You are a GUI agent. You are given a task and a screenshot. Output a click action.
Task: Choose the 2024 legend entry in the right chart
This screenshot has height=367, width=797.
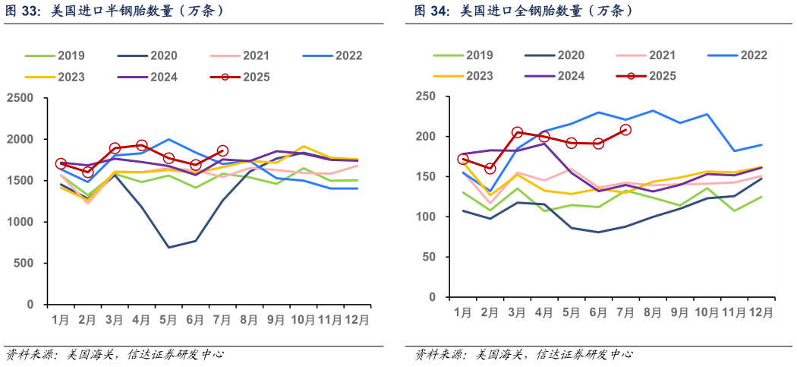pos(571,76)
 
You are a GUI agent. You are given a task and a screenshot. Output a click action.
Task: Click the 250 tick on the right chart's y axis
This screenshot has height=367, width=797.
pos(425,96)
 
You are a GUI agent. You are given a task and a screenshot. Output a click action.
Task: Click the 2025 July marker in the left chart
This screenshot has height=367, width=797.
pos(222,151)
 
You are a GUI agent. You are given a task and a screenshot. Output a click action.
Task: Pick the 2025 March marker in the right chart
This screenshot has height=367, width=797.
pos(517,132)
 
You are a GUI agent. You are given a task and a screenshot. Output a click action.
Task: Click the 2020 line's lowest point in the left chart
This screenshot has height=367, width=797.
pos(169,247)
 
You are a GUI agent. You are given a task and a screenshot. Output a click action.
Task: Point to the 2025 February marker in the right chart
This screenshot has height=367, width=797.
pos(490,168)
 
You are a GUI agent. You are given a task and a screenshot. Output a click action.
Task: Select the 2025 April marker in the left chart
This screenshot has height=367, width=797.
pos(141,144)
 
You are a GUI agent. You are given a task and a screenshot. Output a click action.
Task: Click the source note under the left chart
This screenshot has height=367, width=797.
pos(114,354)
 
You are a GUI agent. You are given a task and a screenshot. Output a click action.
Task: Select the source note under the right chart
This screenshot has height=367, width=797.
pos(522,355)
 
